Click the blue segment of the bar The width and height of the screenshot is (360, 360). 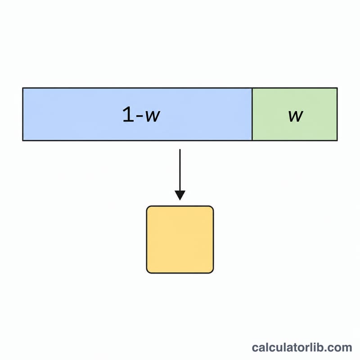pos(137,114)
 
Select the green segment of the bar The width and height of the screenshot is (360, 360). pos(295,114)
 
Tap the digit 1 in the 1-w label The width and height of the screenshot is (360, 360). pos(128,114)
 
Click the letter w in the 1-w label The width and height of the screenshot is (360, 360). pos(153,116)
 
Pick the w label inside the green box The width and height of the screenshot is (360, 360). pos(296,116)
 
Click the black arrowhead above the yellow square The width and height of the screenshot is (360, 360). pos(180,195)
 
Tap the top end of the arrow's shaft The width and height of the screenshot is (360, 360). pos(180,149)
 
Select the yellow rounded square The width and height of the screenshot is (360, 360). pos(180,239)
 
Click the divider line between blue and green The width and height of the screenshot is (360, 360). pos(252,114)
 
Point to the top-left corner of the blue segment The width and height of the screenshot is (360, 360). pos(23,88)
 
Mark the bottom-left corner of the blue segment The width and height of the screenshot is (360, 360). pos(23,140)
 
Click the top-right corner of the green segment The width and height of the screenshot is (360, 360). pos(337,88)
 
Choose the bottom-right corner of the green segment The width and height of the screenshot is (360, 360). pos(337,140)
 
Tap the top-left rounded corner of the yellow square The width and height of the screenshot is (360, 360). pos(148,208)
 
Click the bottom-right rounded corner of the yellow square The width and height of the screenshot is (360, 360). pos(211,271)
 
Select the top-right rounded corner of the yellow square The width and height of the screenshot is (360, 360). pos(211,208)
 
